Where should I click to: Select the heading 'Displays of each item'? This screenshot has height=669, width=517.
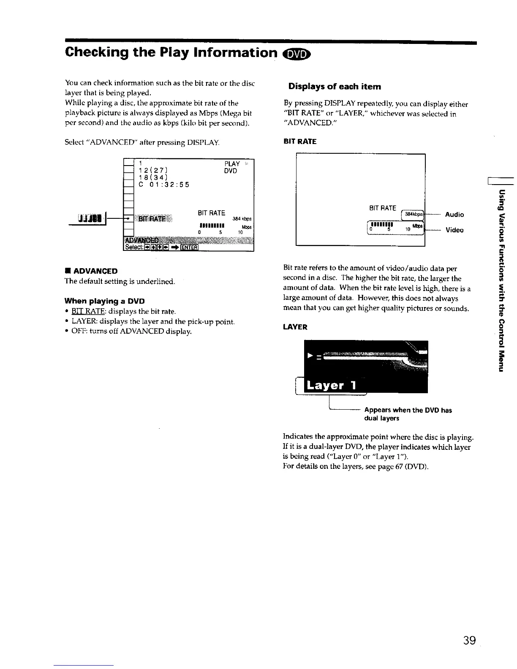click(x=335, y=87)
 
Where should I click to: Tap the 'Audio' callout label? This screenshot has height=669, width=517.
click(x=454, y=215)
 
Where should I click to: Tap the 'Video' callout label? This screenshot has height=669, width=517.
click(x=454, y=230)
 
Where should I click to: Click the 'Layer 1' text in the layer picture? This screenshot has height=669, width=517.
click(x=332, y=385)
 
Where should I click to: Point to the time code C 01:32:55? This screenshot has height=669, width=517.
click(x=164, y=185)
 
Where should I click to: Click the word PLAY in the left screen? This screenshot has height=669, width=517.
click(x=232, y=164)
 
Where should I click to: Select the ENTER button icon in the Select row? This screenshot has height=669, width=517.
click(x=189, y=247)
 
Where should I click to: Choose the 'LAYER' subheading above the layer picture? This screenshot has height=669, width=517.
click(x=295, y=327)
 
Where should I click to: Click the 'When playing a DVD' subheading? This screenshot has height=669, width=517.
click(x=104, y=301)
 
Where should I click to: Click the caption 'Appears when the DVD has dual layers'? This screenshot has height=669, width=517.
click(x=408, y=414)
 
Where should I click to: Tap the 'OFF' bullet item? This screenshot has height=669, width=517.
click(x=78, y=332)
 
